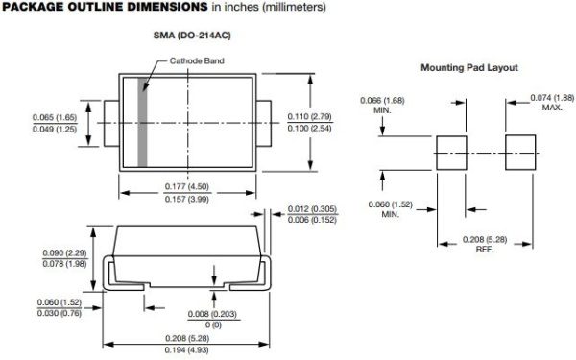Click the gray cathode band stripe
click(143, 123)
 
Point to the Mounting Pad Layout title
click(469, 68)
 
